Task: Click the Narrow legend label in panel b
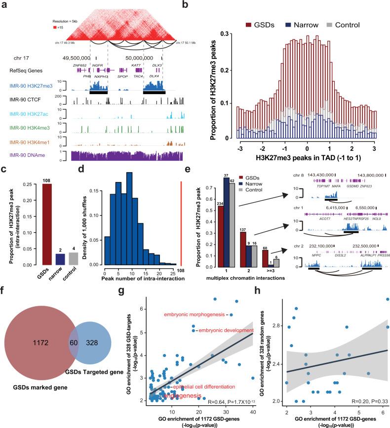point(297,24)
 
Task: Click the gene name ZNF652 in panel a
point(80,65)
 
